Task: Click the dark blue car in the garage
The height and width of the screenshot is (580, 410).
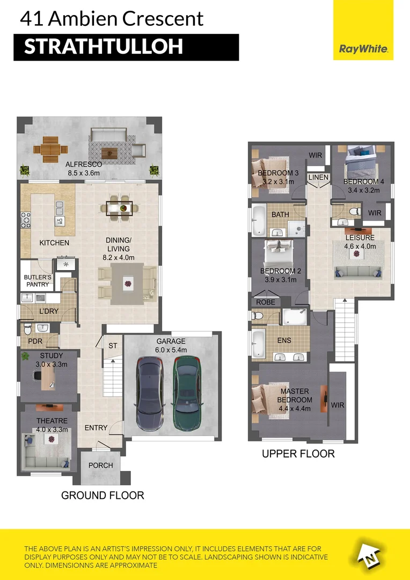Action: tap(150, 394)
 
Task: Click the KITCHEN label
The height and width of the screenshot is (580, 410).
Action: tap(54, 243)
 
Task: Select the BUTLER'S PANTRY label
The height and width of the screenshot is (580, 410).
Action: tap(38, 281)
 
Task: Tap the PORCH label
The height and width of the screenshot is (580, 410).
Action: tap(100, 465)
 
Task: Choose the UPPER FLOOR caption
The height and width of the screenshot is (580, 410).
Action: tap(298, 454)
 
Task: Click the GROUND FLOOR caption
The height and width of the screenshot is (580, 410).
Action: tap(102, 495)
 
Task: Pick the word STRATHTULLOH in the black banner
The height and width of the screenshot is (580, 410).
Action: tap(104, 47)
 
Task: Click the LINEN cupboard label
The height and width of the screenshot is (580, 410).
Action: tap(318, 178)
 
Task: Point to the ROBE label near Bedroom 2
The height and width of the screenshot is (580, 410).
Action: tap(266, 302)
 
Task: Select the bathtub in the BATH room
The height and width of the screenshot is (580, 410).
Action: tap(259, 221)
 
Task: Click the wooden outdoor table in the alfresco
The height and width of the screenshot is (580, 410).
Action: tap(50, 150)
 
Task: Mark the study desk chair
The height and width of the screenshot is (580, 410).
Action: tap(38, 375)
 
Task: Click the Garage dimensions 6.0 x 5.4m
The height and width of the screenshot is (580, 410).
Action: tap(171, 350)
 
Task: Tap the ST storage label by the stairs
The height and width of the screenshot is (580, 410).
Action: tap(113, 345)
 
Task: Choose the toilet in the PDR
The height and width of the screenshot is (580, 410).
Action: tap(28, 329)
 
